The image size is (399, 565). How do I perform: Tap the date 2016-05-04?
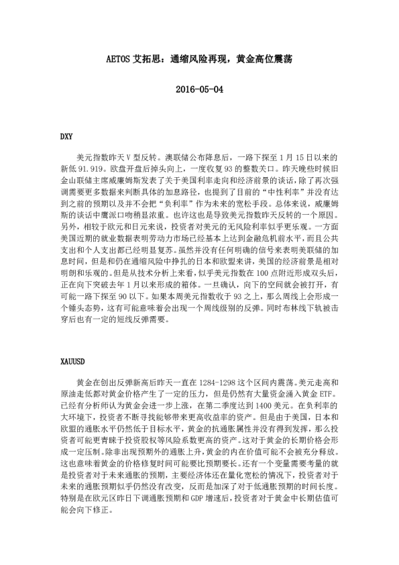[198, 89]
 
